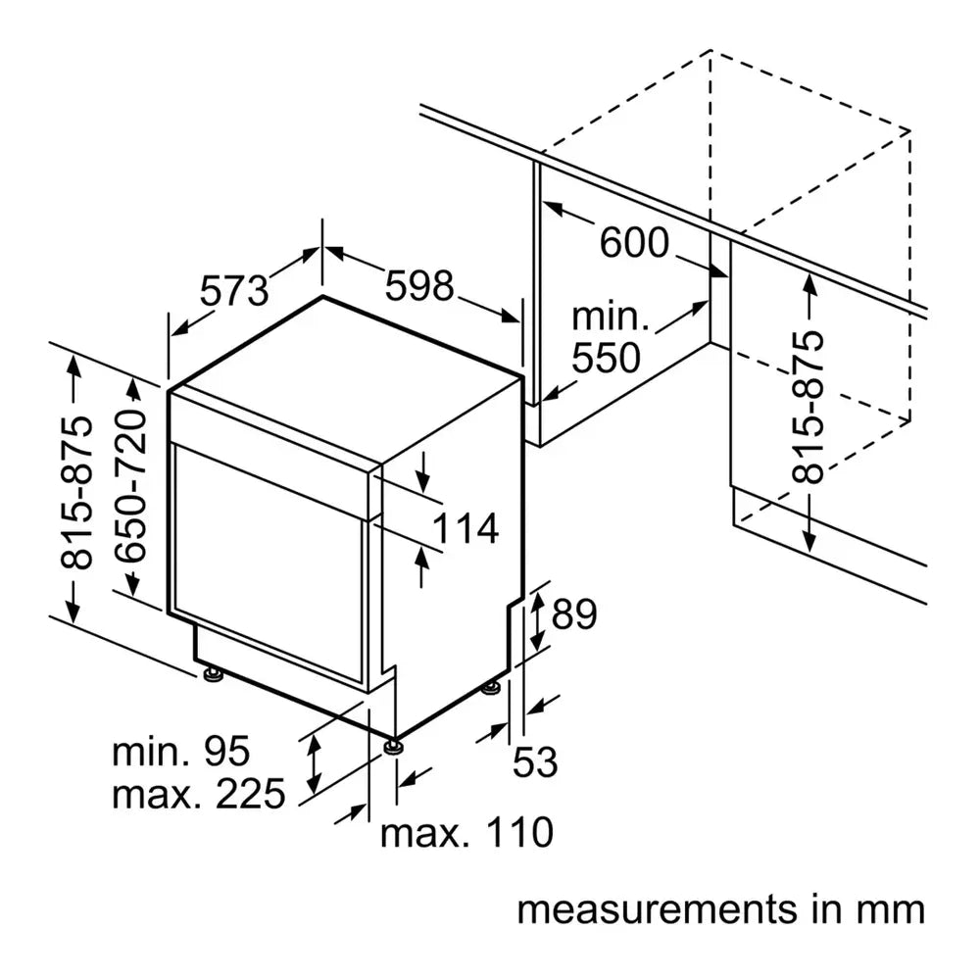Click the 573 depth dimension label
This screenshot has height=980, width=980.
click(x=234, y=289)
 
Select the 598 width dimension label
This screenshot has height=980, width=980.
click(x=419, y=285)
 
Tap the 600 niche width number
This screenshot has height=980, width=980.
click(x=633, y=242)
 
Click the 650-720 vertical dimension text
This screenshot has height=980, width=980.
click(x=129, y=486)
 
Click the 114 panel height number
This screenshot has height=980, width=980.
click(x=465, y=529)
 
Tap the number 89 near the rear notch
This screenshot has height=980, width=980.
click(x=574, y=615)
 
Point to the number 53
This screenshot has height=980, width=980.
click(x=535, y=761)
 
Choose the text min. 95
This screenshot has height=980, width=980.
click(x=181, y=752)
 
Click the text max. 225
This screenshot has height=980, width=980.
click(x=198, y=793)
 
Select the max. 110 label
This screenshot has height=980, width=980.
click(x=466, y=833)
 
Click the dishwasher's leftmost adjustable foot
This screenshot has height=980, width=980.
click(x=210, y=674)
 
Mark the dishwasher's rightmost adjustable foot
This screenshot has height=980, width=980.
click(x=490, y=689)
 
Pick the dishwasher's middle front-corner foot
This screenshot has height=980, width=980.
click(x=394, y=747)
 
